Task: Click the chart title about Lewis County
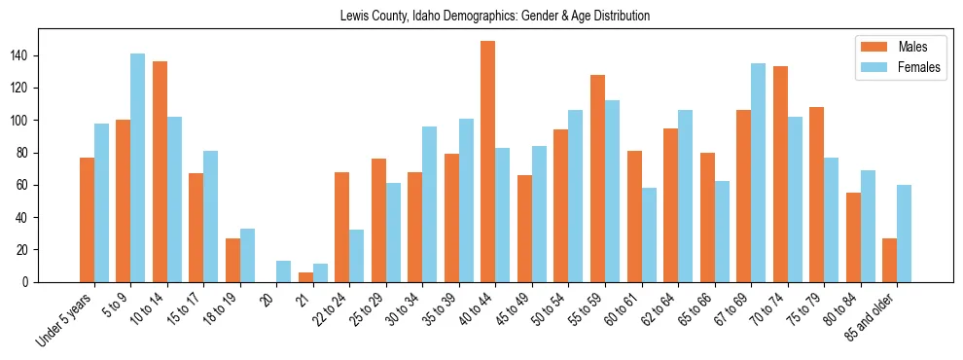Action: point(495,17)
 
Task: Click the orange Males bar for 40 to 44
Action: point(488,162)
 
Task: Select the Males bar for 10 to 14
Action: point(160,172)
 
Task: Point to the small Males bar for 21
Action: point(305,277)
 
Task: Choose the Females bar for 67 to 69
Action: point(758,173)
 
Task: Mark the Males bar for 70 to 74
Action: point(780,174)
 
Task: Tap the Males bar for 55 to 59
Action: point(597,179)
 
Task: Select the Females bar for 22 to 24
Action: point(357,256)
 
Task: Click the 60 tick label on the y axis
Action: point(25,185)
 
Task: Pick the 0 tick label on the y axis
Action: point(28,282)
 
